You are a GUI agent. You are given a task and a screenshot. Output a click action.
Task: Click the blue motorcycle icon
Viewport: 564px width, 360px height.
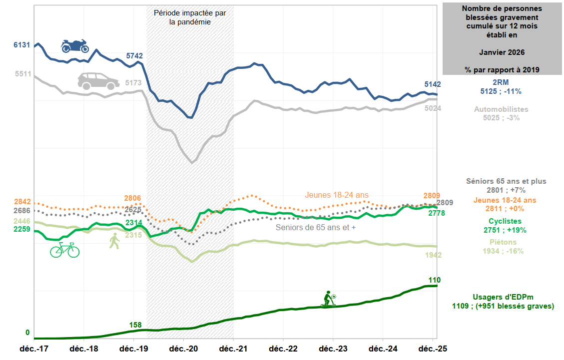(75, 46)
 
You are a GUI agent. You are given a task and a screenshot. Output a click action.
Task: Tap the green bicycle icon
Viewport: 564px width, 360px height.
(64, 250)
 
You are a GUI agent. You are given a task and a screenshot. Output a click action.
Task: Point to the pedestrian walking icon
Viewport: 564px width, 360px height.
(115, 241)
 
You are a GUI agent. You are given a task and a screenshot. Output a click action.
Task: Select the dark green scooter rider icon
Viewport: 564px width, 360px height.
(328, 299)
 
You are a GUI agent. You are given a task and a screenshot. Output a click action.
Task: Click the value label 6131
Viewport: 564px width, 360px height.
(22, 45)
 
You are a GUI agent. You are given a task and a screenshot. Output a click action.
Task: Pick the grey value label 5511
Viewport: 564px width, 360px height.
(23, 74)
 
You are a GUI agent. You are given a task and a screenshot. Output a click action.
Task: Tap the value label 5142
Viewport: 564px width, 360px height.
(433, 84)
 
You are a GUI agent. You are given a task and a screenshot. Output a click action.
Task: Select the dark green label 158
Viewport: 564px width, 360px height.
(135, 325)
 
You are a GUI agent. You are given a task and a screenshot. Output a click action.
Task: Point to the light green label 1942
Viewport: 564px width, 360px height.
(433, 255)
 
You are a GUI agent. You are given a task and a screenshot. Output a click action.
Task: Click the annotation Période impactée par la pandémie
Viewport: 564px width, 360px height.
(190, 17)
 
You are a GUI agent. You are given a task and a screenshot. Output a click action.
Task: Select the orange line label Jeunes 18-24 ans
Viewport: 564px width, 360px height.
(337, 195)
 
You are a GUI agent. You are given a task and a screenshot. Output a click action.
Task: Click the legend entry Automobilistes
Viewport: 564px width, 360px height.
(501, 109)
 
